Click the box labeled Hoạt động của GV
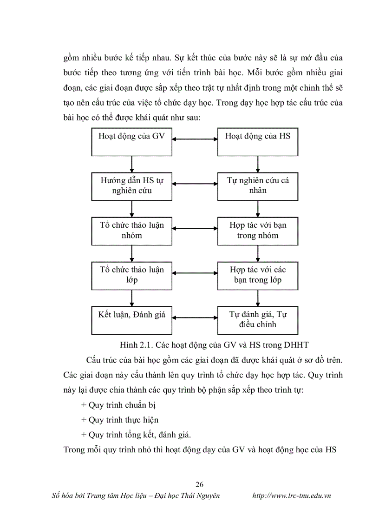pos(132,142)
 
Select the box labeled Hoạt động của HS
pos(258,142)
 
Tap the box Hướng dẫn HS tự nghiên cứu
pos(132,186)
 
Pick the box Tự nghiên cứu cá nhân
pos(258,186)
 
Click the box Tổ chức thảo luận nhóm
pos(132,231)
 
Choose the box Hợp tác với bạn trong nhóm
pos(258,231)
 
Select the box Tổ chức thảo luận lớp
pos(132,275)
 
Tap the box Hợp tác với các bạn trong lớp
pos(258,275)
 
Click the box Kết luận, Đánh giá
pos(132,319)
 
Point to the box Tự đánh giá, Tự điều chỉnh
pos(258,319)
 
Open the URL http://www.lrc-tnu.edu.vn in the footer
pos(291,496)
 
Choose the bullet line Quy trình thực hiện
pos(120,420)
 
